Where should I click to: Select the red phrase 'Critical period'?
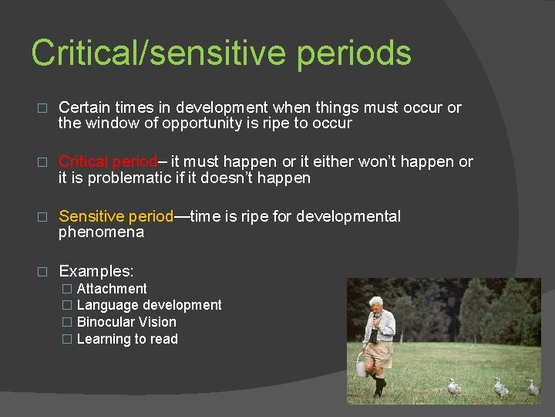pos(107,161)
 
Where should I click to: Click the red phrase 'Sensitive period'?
pos(116,216)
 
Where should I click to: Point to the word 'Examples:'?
pos(96,271)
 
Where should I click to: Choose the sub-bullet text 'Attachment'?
pos(112,289)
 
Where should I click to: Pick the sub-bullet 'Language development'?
pos(149,305)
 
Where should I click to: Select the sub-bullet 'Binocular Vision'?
pos(126,322)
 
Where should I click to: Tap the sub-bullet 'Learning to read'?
pos(127,339)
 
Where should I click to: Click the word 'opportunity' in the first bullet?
pos(187,124)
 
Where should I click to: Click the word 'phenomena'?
pos(101,232)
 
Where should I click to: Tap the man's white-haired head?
pos(377,303)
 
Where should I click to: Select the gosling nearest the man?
pos(455,386)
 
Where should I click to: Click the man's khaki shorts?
pos(379,353)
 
